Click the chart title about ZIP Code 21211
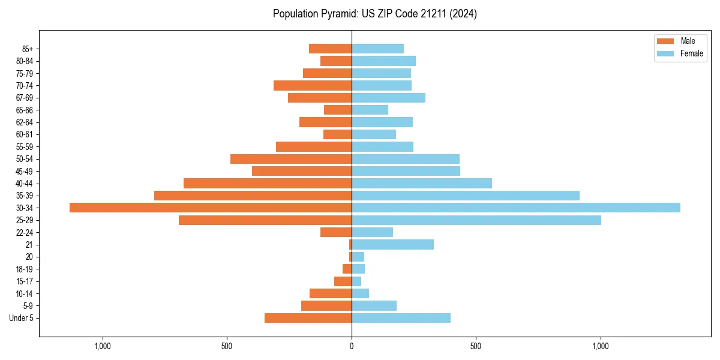(x=374, y=14)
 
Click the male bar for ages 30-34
(x=211, y=208)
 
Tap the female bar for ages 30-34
(x=516, y=208)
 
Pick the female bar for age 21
(x=392, y=244)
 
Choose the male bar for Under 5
(x=308, y=318)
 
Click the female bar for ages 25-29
(x=476, y=220)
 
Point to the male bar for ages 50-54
(x=291, y=159)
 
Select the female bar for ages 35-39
(x=466, y=196)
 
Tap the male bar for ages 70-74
(x=313, y=85)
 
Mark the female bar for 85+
(x=377, y=49)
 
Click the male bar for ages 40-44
(x=268, y=183)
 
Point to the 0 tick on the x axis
(x=352, y=346)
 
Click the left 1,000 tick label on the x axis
(x=103, y=346)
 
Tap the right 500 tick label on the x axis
(x=476, y=346)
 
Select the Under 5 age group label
(x=21, y=318)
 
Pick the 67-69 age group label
(x=25, y=98)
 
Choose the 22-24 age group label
(x=25, y=232)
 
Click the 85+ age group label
(x=27, y=49)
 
